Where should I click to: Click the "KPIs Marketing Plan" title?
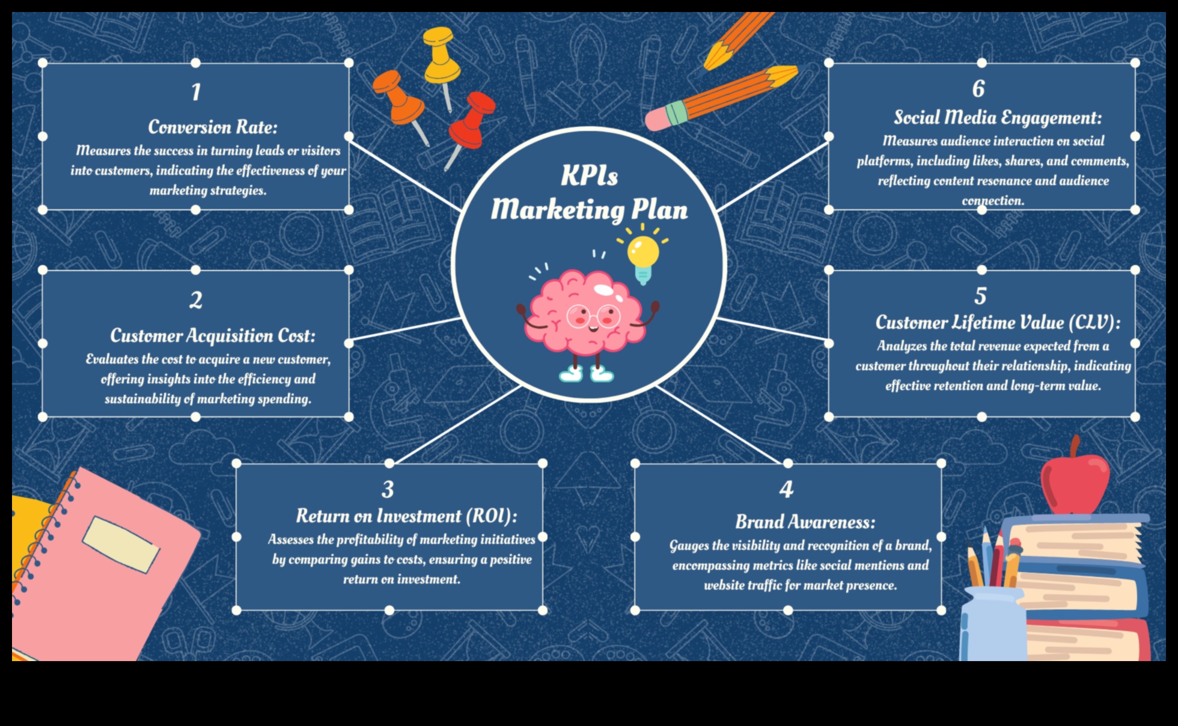point(589,193)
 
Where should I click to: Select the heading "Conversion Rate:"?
point(213,127)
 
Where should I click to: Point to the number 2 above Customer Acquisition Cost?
point(196,300)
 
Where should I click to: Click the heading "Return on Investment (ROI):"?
point(406,516)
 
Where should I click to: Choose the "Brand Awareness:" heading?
point(805,522)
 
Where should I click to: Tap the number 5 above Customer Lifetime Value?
point(980,296)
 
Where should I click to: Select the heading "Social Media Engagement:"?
point(998,117)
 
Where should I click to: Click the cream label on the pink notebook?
point(121,544)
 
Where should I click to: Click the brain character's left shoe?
point(570,374)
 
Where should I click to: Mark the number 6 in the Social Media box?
point(978,89)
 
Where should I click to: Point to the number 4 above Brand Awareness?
point(786,489)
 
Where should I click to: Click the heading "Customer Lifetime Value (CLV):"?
point(998,323)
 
